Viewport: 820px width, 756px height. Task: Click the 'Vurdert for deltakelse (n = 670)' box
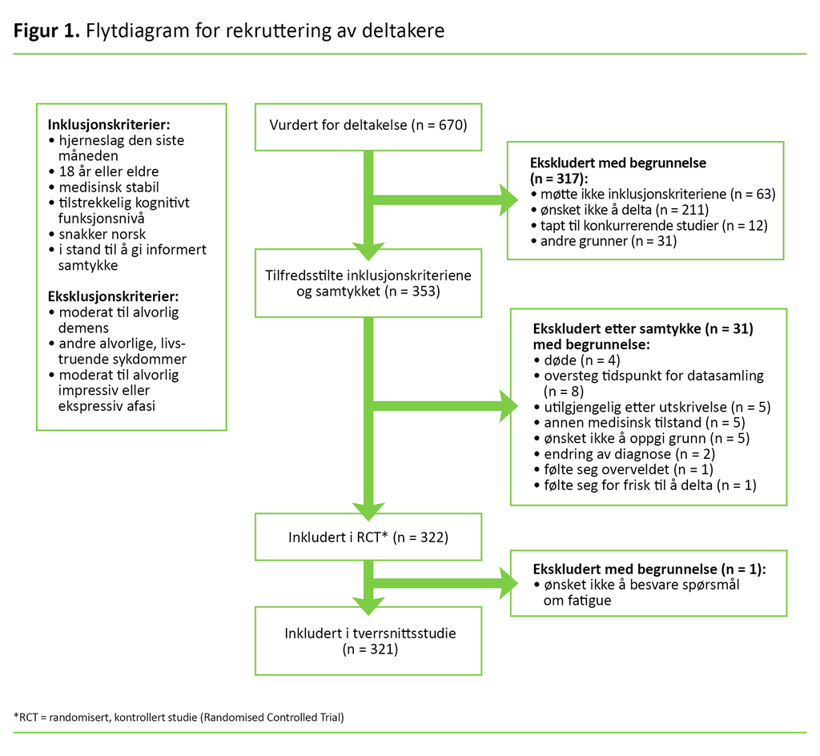point(368,126)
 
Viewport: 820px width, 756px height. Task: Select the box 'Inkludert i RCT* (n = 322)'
point(368,536)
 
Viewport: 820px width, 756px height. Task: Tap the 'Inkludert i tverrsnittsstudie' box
point(368,641)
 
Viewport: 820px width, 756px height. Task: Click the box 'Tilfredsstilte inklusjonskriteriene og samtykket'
point(368,283)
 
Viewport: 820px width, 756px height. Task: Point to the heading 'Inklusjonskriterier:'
point(109,125)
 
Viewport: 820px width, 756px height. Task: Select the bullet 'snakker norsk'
point(102,234)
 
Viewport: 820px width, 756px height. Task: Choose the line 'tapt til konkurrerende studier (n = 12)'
point(653,225)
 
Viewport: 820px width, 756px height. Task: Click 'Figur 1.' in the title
point(45,31)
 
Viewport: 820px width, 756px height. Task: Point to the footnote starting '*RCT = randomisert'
point(179,717)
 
